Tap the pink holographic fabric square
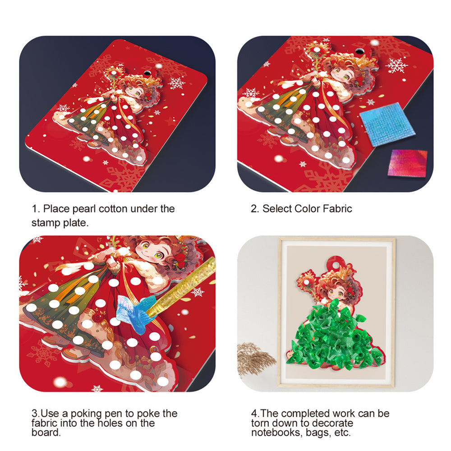tap(407, 163)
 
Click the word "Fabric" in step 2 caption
tap(336, 209)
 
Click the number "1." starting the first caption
tap(36, 209)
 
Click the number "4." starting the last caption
tap(255, 414)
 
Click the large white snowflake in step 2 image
tap(397, 65)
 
